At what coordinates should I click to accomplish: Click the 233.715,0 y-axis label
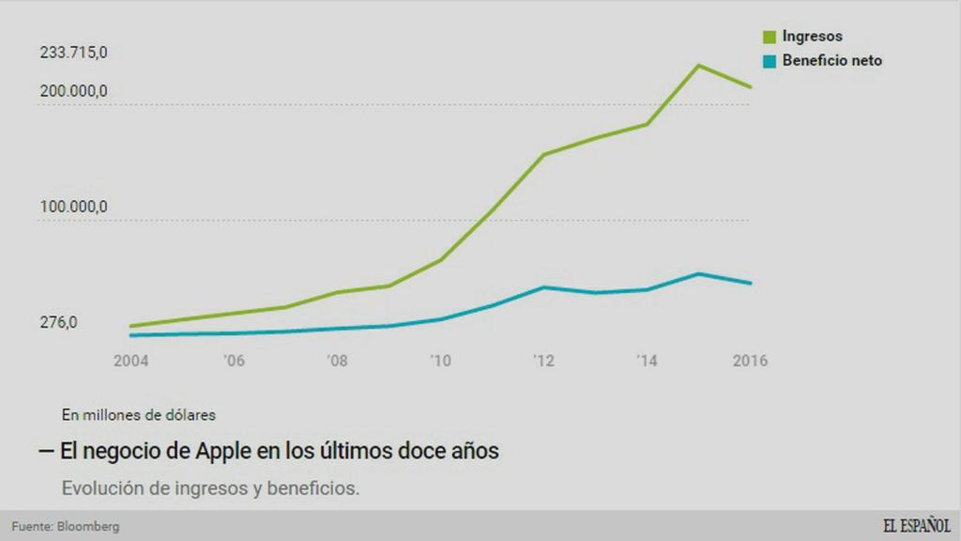point(73,53)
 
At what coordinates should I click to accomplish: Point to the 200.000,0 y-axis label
point(73,91)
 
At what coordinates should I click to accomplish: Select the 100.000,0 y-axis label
point(73,207)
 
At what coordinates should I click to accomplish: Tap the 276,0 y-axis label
point(58,323)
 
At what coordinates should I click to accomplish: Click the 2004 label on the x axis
point(130,361)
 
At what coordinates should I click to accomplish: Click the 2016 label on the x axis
point(749,361)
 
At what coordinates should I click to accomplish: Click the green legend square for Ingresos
point(770,38)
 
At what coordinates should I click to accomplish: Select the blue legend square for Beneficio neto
point(770,61)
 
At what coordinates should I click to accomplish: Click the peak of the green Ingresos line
point(698,65)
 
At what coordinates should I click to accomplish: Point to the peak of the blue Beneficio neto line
point(698,273)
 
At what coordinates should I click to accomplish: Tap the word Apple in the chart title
point(224,451)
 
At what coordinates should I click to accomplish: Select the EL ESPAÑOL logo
point(915,525)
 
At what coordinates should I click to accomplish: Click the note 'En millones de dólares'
point(139,413)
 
